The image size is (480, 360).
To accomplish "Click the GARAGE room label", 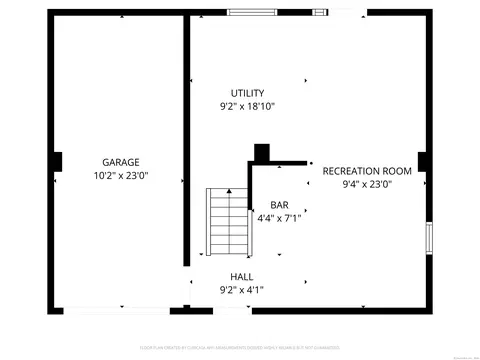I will pos(120,162).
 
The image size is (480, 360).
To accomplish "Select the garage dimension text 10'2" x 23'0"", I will pos(120,176).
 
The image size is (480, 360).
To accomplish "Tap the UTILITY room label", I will pos(247,93).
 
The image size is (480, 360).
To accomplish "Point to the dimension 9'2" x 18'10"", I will pos(247,106).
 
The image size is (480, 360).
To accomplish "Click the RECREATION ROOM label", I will pos(367,171).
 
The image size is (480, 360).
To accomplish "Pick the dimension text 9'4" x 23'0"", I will pos(367,184).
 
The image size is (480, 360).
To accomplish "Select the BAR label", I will pos(279,205).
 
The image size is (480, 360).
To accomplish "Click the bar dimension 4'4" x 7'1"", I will pos(279,218).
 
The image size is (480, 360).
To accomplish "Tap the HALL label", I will pos(241,277).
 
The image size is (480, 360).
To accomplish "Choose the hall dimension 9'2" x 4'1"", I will pos(241,290).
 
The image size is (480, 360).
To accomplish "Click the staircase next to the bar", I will pos(227,222).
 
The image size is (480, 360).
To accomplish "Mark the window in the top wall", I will pos(254,12).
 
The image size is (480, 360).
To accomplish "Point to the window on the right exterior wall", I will pos(429,238).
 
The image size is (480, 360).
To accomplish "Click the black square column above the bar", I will pos(262,153).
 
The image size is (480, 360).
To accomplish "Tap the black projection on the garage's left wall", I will pos(57,161).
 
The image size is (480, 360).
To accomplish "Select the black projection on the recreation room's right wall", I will pos(423,161).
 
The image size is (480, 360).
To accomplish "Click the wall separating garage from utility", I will pos(186,140).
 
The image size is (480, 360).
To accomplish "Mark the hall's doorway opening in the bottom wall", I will pos(222,309).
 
